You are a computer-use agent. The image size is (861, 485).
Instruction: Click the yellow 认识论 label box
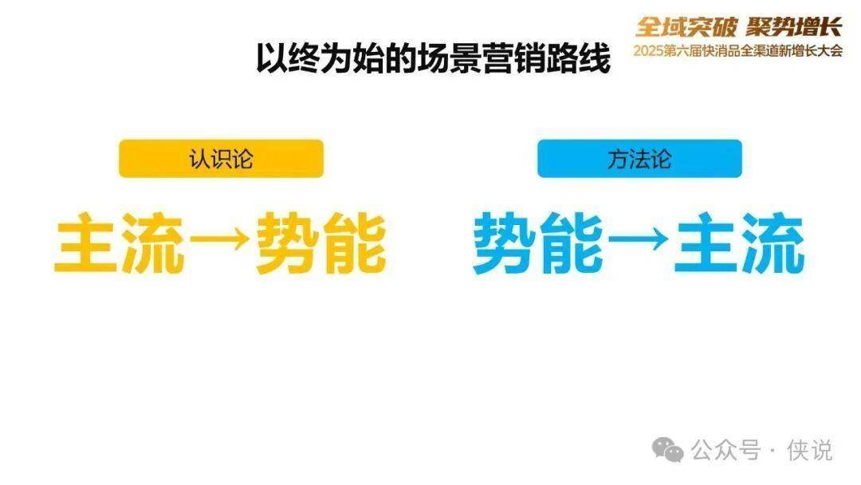[221, 159]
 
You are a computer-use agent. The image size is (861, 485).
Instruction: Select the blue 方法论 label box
[639, 159]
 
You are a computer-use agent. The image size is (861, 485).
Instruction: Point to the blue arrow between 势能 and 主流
[639, 242]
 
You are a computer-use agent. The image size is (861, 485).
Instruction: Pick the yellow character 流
[153, 242]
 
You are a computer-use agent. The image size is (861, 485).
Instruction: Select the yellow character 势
[287, 242]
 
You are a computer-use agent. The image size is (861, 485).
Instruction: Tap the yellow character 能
[354, 242]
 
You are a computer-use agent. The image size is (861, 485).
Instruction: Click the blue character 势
[505, 242]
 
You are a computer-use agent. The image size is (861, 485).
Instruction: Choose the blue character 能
[572, 242]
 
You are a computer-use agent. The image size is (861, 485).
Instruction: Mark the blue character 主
[706, 242]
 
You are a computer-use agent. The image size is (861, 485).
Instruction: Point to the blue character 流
[772, 242]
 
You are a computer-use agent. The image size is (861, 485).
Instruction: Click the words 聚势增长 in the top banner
[794, 26]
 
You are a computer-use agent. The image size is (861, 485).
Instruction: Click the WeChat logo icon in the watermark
[667, 450]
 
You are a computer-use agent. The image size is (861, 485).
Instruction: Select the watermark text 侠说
[809, 450]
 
